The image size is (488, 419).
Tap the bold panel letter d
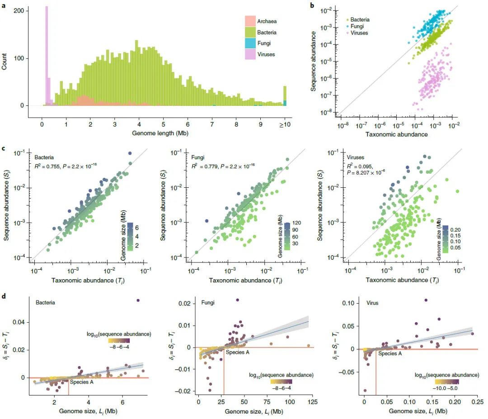pos(4,296)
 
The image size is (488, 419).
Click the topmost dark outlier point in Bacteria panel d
pos(138,300)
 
